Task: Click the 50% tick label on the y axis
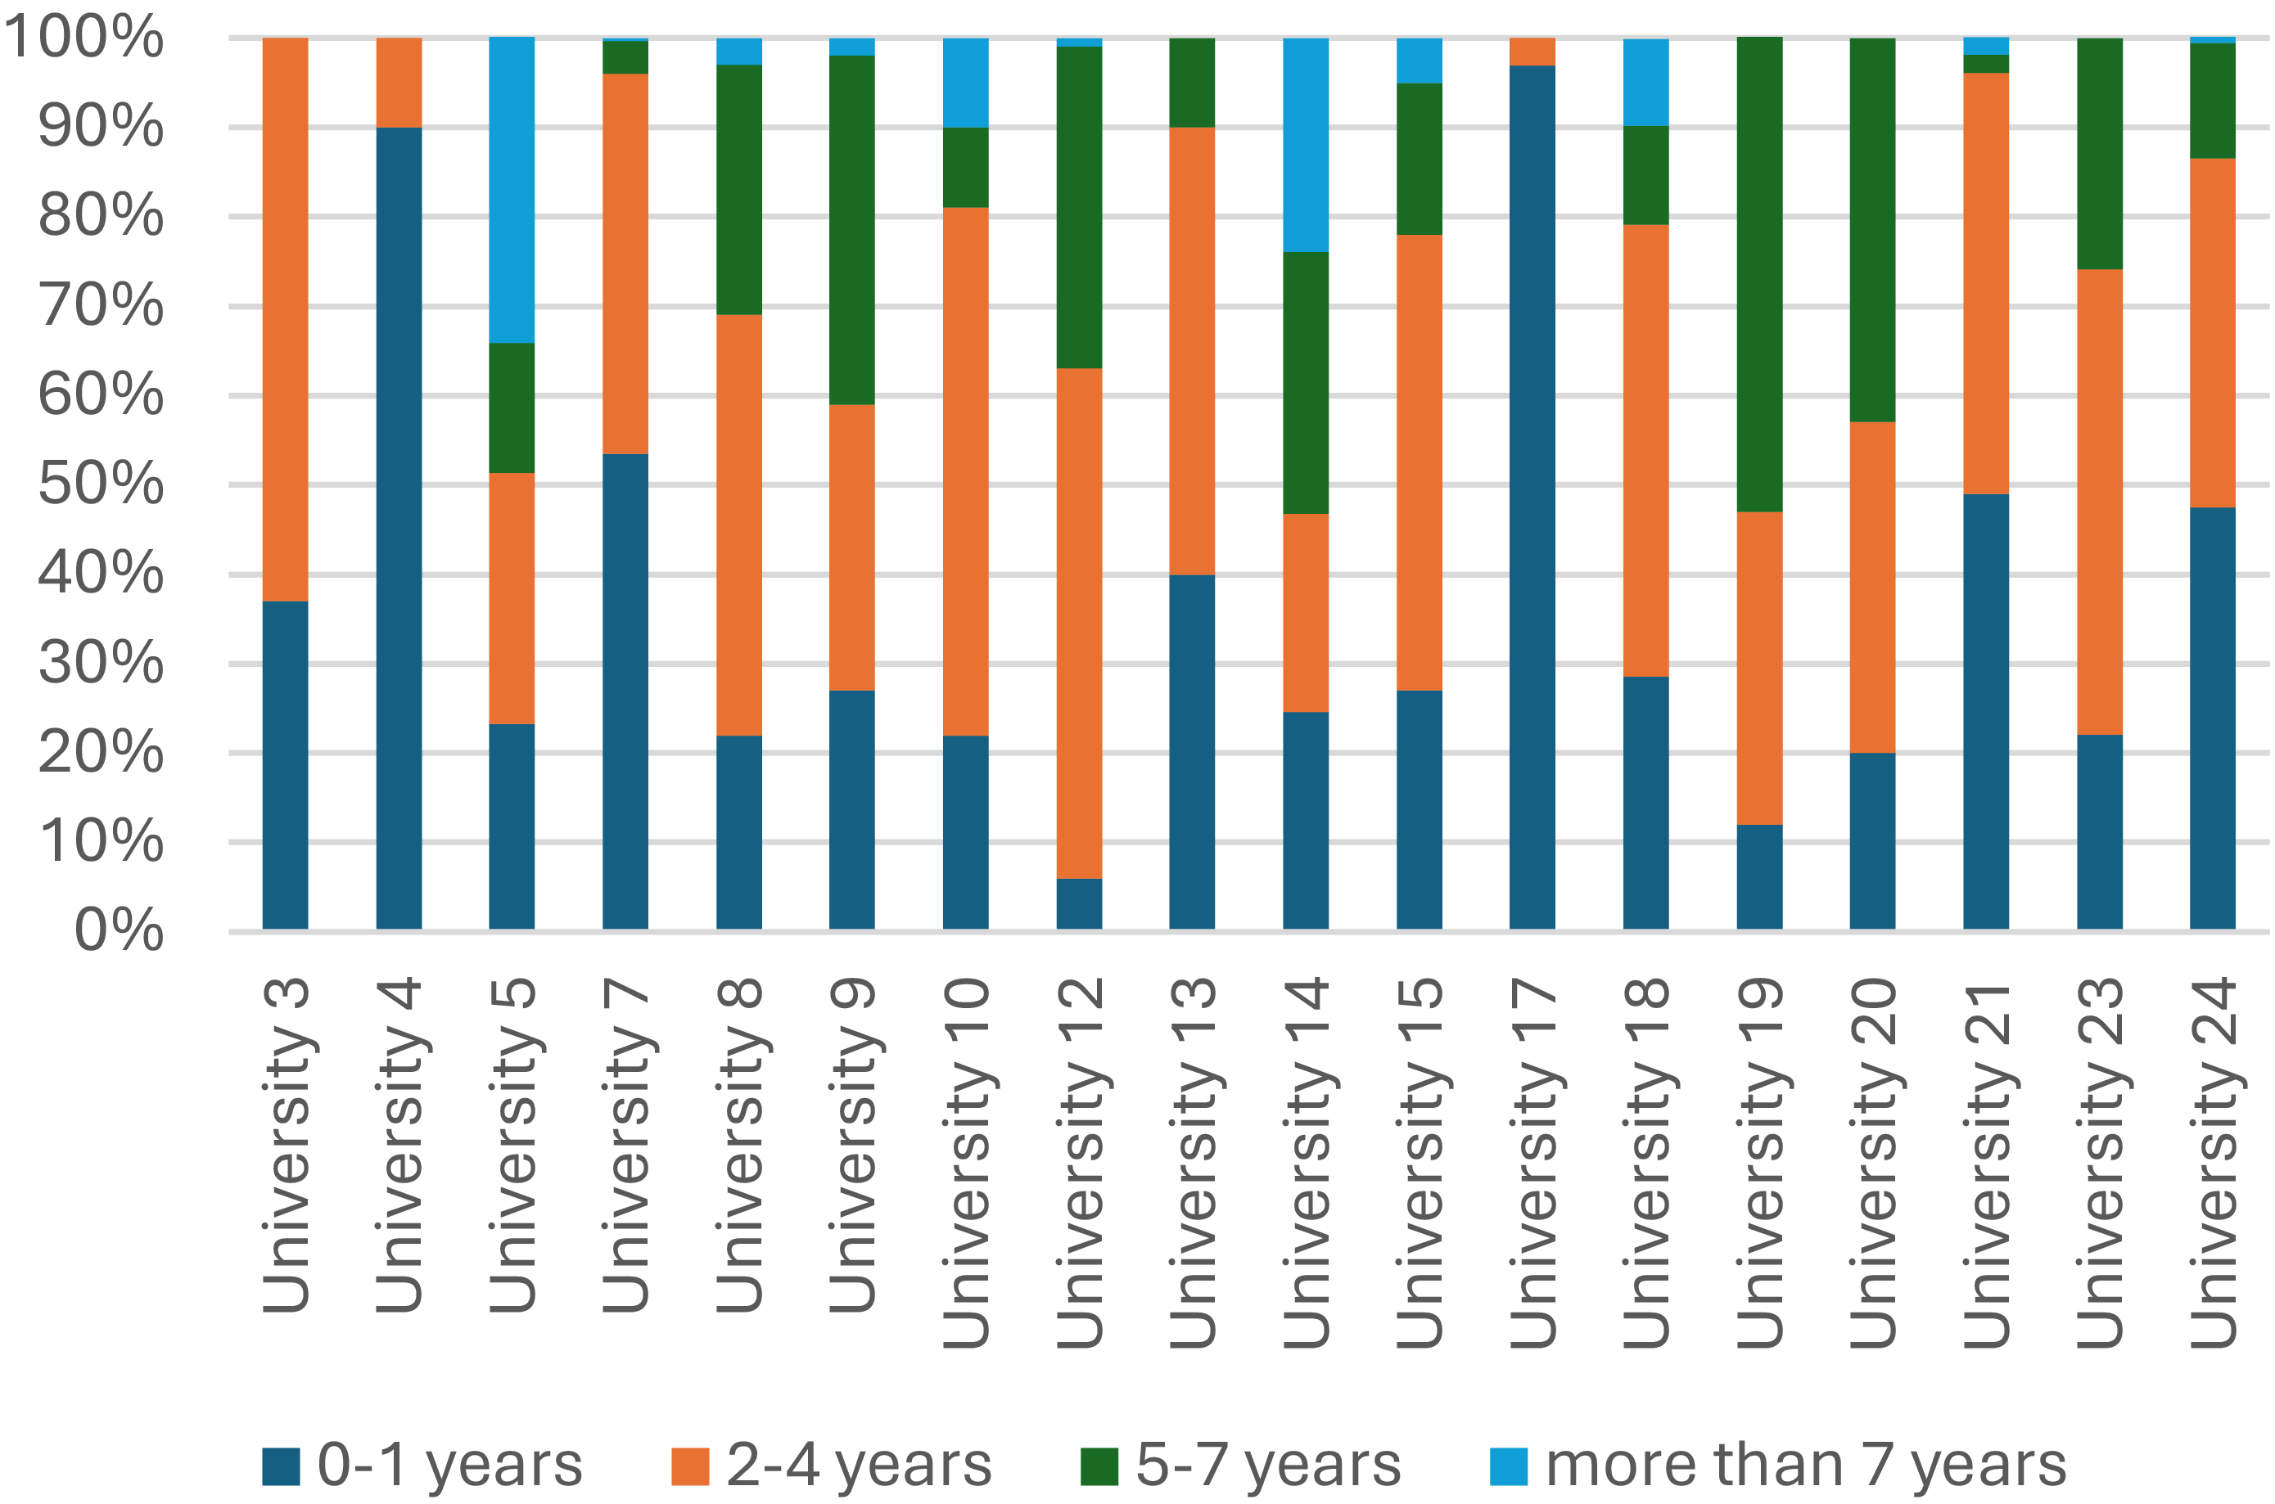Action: point(101,484)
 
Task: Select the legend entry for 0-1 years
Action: point(422,1465)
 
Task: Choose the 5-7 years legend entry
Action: point(1240,1465)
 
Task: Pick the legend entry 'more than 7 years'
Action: point(1778,1465)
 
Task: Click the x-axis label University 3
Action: point(286,1146)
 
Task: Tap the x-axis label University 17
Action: point(1532,1163)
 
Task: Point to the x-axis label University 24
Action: point(2213,1163)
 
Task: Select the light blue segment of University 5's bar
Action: point(512,190)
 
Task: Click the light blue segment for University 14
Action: point(1306,145)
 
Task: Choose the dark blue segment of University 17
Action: point(1532,498)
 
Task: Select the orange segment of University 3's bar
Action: point(285,319)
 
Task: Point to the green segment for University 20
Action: point(1873,230)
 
